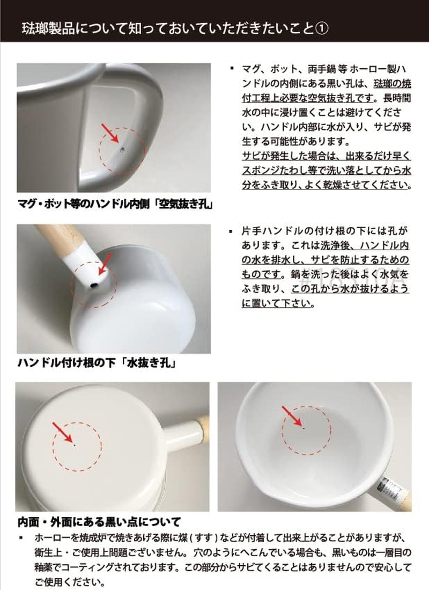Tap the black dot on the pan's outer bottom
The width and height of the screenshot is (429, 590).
[x=73, y=443]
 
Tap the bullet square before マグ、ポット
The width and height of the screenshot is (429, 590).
[x=231, y=69]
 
